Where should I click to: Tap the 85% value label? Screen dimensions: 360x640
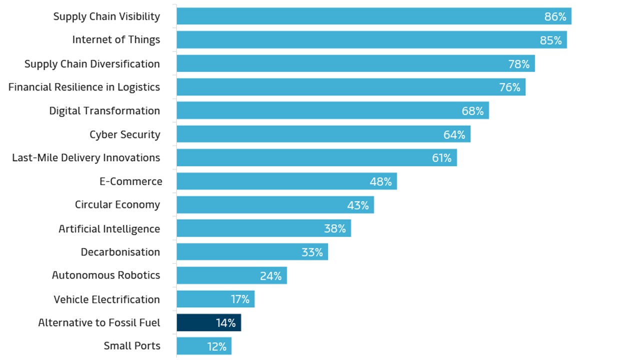point(550,40)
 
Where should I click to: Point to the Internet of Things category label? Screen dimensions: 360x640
point(116,39)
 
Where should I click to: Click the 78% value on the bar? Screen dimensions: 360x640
point(518,64)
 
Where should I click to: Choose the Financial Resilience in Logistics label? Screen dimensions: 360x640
point(84,87)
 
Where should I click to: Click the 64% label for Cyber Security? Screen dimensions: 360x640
point(454,134)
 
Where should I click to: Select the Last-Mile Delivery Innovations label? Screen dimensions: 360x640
point(86,157)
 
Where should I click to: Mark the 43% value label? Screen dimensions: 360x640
point(358,205)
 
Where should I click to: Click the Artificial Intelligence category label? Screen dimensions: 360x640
point(109,228)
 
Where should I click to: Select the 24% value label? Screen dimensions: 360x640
point(270,275)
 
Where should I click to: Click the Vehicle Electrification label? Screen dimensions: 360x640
point(106,299)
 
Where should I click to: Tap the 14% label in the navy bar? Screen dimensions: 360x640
point(225,323)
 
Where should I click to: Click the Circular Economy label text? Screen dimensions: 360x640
point(117,204)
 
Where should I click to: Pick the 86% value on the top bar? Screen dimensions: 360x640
point(555,16)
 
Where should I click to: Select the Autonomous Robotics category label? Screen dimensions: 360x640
point(105,275)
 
